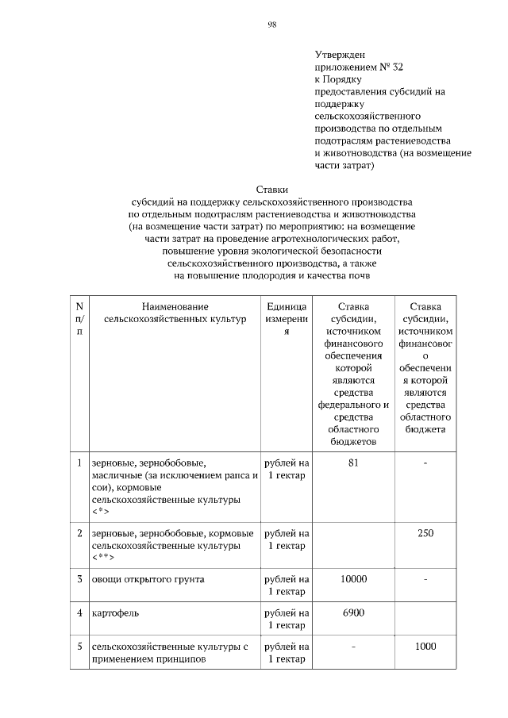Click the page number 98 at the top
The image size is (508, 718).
(x=271, y=25)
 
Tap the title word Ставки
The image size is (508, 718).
(x=271, y=189)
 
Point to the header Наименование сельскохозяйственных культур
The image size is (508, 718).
(x=175, y=313)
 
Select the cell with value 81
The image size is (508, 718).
(x=353, y=463)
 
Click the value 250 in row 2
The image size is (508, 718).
(x=425, y=533)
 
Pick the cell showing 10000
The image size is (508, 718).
(x=353, y=579)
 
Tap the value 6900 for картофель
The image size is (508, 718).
(x=353, y=613)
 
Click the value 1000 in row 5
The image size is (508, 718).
(x=425, y=647)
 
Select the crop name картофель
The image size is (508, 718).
(x=114, y=613)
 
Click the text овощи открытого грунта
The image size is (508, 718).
(x=148, y=579)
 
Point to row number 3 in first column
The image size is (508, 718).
(x=79, y=579)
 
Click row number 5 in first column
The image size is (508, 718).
(x=79, y=647)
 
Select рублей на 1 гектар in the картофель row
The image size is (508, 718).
(x=287, y=619)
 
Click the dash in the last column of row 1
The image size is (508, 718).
(x=425, y=463)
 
